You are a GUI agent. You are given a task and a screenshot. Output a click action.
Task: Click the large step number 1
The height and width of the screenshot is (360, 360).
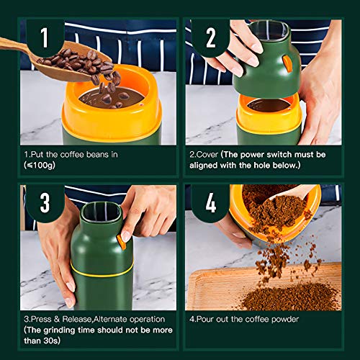click(x=45, y=37)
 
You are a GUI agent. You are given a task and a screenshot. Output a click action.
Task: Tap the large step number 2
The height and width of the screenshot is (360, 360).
click(x=211, y=37)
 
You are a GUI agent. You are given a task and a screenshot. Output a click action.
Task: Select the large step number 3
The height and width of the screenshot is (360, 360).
click(x=45, y=203)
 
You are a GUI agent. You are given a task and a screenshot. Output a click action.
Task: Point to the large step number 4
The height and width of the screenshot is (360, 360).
click(x=211, y=203)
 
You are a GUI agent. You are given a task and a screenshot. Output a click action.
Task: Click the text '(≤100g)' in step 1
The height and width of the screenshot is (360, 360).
click(x=40, y=165)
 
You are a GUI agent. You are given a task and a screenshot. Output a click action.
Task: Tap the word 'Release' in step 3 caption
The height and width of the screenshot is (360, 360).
click(x=77, y=319)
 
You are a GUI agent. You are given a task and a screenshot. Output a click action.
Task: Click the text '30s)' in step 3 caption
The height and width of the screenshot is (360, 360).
click(x=52, y=341)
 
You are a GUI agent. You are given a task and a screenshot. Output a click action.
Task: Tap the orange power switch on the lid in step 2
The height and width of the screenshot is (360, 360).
click(x=287, y=63)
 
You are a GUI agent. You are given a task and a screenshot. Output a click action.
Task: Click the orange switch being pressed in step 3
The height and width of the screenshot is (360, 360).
click(x=122, y=242)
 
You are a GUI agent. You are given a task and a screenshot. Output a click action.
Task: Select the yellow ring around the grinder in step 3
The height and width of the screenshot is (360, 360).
click(x=102, y=271)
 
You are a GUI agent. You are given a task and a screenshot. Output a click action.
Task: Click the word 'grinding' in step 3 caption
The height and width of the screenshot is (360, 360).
click(x=58, y=330)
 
